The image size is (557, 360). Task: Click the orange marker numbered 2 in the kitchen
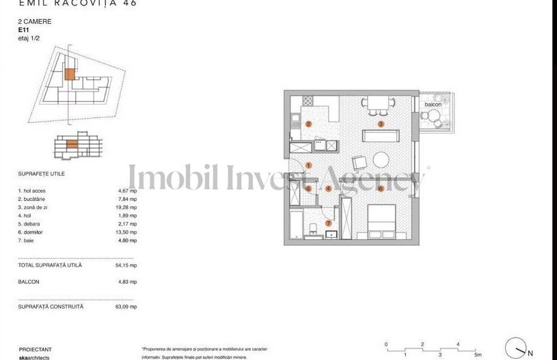(x=309, y=124)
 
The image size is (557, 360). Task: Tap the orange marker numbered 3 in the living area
(x=381, y=124)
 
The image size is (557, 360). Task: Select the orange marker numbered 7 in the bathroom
(x=329, y=223)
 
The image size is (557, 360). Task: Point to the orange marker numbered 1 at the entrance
(x=309, y=165)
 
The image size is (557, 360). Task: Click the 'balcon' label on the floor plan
(x=433, y=105)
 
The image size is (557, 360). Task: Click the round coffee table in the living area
(x=381, y=161)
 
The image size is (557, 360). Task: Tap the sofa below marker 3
(x=378, y=136)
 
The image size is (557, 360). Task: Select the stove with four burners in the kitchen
(x=308, y=101)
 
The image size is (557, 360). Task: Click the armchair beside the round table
(x=359, y=163)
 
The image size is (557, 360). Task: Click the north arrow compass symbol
(x=517, y=348)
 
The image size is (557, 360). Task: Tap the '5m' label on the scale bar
(x=478, y=355)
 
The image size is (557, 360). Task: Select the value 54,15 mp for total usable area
(x=128, y=265)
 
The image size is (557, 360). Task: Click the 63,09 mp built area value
(x=128, y=307)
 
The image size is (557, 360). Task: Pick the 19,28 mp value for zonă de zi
(x=128, y=207)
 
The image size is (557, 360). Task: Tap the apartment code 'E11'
(x=24, y=31)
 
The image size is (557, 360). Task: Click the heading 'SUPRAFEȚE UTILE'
(x=42, y=174)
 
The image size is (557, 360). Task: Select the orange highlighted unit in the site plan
(x=69, y=74)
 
